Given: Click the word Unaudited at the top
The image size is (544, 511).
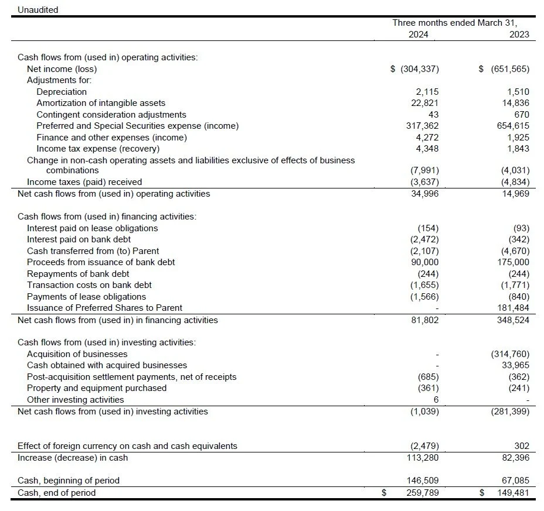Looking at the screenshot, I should pyautogui.click(x=38, y=10).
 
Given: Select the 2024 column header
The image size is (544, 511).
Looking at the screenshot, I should pyautogui.click(x=418, y=34).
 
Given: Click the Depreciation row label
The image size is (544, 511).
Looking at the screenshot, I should pyautogui.click(x=62, y=91).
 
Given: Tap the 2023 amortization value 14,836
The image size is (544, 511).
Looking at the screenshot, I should pyautogui.click(x=516, y=103).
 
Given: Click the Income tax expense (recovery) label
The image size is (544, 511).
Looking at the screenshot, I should pyautogui.click(x=98, y=149).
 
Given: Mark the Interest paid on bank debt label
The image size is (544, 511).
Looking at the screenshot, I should pyautogui.click(x=79, y=239).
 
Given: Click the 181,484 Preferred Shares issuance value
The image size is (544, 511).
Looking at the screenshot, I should pyautogui.click(x=514, y=308).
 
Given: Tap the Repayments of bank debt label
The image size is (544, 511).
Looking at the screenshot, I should pyautogui.click(x=78, y=273).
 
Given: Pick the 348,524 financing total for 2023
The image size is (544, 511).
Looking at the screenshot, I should pyautogui.click(x=514, y=320).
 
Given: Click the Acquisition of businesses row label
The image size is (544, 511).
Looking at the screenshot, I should pyautogui.click(x=77, y=354).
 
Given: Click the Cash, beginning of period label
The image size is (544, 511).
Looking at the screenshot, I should pyautogui.click(x=69, y=481).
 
